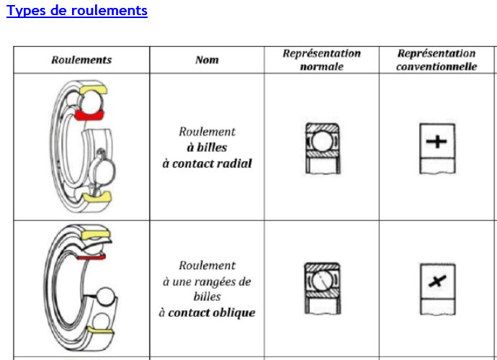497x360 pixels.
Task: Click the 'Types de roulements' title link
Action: coord(77,11)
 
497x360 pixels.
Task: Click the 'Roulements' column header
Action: coord(81,60)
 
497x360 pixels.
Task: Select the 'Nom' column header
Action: coord(207,60)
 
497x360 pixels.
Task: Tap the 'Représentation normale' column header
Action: coord(321,60)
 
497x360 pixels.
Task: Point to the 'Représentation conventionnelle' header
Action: coord(436,60)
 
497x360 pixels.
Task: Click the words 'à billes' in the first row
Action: coord(207,148)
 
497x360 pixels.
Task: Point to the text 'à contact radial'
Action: coord(207,163)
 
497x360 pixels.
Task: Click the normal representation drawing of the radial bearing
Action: coord(321,147)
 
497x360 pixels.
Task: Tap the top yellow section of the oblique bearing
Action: coord(96,235)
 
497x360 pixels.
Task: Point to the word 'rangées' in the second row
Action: coord(216,282)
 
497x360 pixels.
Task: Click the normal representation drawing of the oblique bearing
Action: coord(322,287)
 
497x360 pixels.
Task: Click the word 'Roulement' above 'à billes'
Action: coord(207,132)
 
